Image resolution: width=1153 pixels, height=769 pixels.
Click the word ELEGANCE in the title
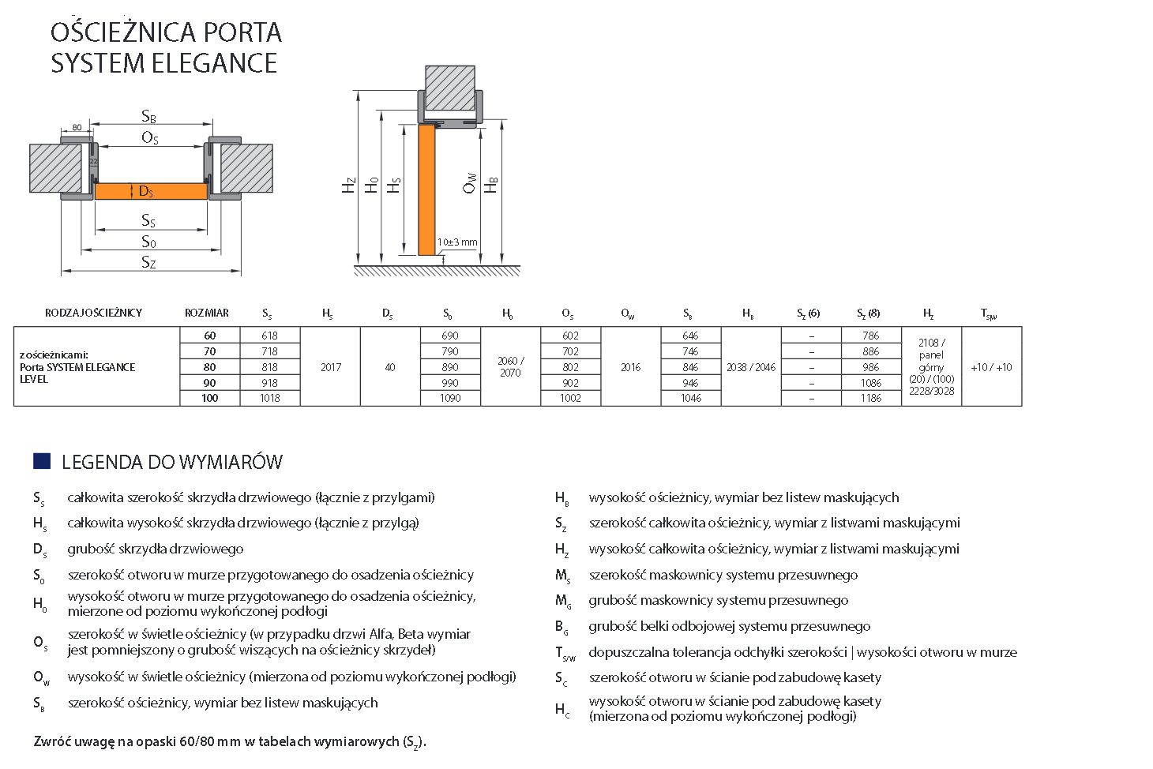[x=213, y=63]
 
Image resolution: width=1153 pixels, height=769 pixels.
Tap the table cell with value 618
[x=270, y=336]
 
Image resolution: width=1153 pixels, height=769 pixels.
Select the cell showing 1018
[x=270, y=398]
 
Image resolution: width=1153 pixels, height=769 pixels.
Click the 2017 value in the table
[x=331, y=367]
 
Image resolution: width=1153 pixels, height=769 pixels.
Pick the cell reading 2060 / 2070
[x=510, y=366]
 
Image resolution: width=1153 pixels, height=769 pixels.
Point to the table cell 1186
[x=871, y=398]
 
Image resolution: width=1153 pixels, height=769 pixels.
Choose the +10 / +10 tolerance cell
[x=991, y=367]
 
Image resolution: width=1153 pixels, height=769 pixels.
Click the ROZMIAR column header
[x=207, y=313]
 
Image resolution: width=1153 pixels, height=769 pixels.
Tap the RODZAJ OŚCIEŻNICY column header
[x=94, y=313]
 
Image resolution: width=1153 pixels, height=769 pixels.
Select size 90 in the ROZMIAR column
[x=209, y=383]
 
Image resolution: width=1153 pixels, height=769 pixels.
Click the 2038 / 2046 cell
[x=751, y=367]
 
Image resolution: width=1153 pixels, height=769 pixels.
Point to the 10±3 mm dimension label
[x=457, y=242]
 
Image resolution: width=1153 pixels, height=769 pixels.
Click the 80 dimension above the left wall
[x=77, y=127]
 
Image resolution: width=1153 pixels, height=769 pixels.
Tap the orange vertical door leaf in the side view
[x=426, y=189]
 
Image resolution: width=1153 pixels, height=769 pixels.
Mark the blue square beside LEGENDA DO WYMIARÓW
[x=42, y=461]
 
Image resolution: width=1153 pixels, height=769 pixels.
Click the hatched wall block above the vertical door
[x=450, y=88]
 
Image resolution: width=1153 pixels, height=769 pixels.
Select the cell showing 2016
[x=630, y=367]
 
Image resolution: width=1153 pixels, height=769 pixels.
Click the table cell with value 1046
[x=691, y=398]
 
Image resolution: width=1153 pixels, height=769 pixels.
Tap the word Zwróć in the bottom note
[x=50, y=742]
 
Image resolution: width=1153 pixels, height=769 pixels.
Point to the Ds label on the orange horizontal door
[x=146, y=192]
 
